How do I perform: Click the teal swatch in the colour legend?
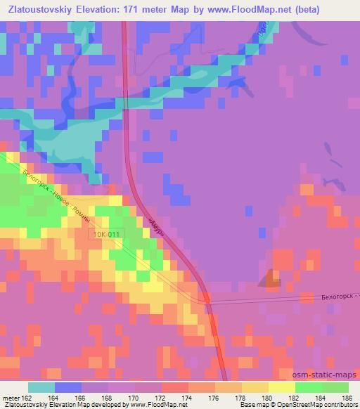[x=41, y=387]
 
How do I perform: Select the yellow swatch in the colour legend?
[x=281, y=387]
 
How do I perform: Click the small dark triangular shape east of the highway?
[x=269, y=281]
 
